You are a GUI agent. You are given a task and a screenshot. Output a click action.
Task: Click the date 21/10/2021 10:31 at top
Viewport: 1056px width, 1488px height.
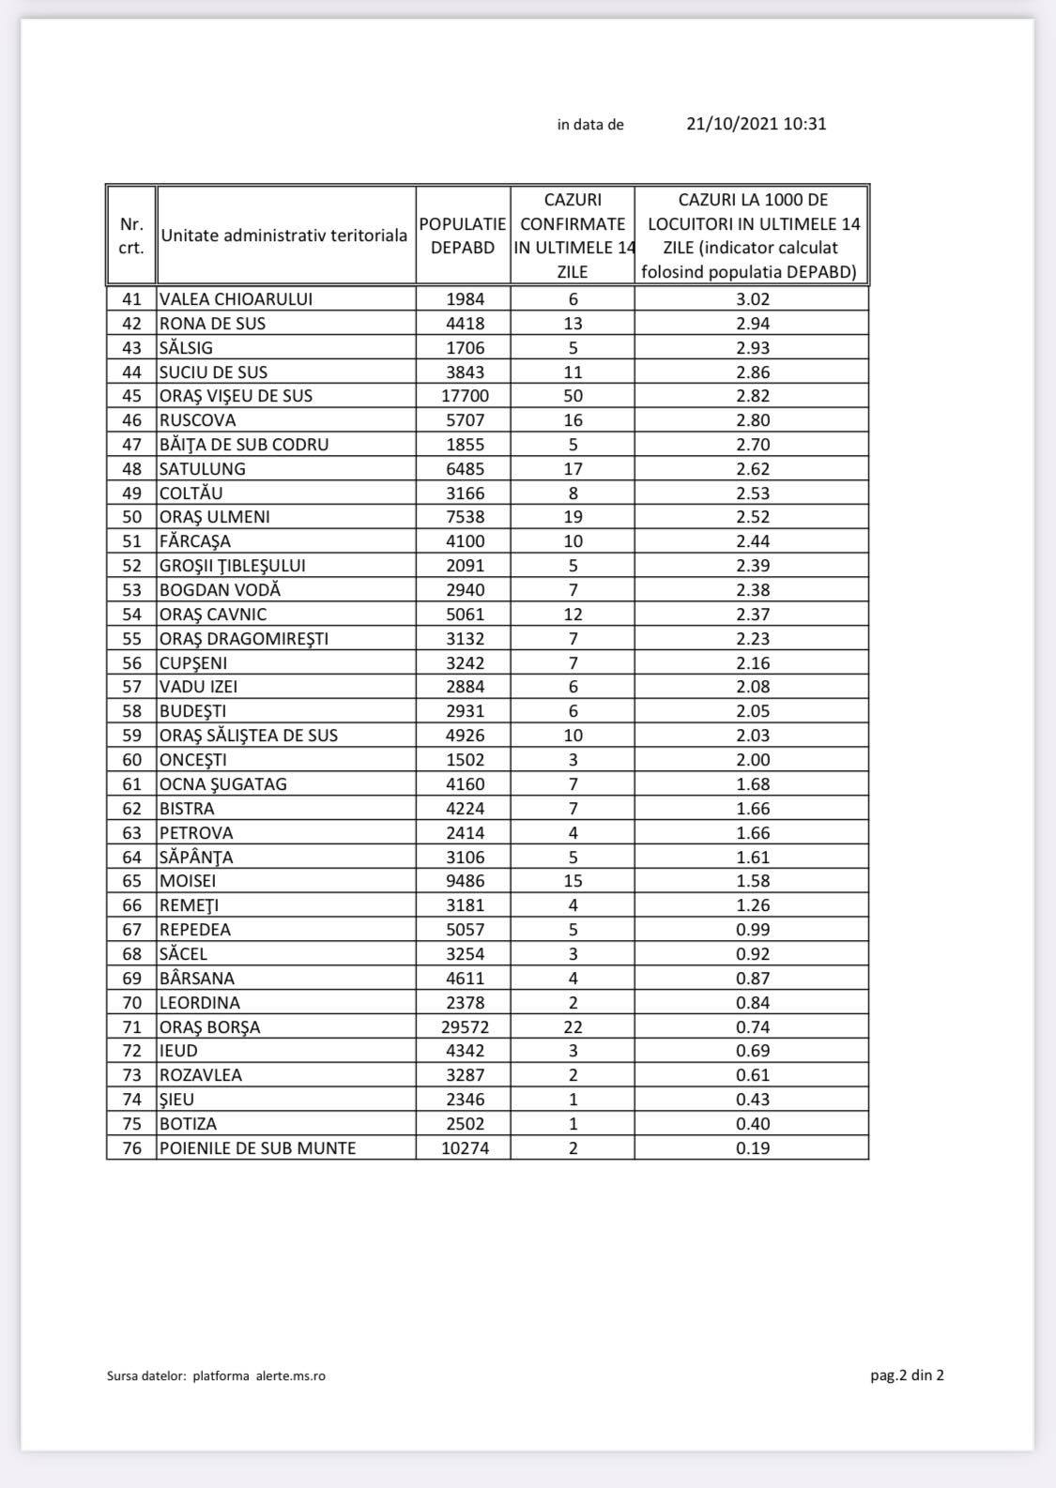(757, 124)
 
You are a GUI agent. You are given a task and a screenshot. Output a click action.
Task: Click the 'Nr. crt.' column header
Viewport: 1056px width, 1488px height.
(131, 235)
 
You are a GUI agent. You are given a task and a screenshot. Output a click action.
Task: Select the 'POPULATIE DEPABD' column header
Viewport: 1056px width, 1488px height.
(463, 235)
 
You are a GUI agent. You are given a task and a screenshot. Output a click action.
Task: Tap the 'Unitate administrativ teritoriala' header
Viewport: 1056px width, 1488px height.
(284, 235)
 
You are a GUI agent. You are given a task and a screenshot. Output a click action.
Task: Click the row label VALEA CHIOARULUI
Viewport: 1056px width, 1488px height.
(236, 299)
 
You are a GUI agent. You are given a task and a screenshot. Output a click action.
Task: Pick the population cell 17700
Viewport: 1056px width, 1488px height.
(465, 396)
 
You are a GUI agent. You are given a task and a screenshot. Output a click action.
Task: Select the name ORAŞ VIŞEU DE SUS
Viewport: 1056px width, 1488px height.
(236, 396)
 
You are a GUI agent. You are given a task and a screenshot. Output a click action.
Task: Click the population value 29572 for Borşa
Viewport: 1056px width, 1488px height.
(465, 1026)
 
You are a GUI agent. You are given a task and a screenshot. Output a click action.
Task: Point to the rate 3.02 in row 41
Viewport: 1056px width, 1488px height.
(753, 299)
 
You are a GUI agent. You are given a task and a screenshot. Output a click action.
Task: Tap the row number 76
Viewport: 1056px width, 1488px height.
(131, 1147)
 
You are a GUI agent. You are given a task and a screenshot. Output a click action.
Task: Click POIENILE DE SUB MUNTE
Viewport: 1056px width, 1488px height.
(257, 1147)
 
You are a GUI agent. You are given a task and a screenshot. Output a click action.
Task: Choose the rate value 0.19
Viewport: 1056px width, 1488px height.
(753, 1147)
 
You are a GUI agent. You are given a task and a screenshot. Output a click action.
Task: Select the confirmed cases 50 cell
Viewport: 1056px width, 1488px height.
(573, 396)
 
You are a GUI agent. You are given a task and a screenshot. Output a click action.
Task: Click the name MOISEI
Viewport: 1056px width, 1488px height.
(188, 881)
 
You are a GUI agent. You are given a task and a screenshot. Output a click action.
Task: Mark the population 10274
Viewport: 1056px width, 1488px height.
(465, 1147)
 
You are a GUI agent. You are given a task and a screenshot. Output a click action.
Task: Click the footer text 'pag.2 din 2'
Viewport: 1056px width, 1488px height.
(907, 1375)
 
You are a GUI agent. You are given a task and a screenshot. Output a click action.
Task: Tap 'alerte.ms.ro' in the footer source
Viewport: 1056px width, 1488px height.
(291, 1376)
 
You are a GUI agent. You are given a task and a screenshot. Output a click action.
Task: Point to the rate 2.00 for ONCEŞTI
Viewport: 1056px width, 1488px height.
(753, 760)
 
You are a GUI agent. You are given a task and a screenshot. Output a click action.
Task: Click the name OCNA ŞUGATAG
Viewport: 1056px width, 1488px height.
(223, 784)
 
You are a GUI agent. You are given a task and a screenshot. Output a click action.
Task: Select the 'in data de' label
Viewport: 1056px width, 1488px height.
(590, 125)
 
